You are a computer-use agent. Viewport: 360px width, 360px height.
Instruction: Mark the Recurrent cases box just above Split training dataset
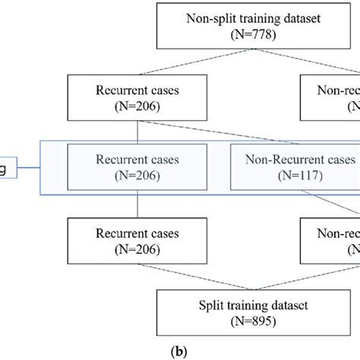(x=136, y=242)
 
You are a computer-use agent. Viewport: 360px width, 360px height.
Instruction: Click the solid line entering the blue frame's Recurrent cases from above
(x=136, y=131)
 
